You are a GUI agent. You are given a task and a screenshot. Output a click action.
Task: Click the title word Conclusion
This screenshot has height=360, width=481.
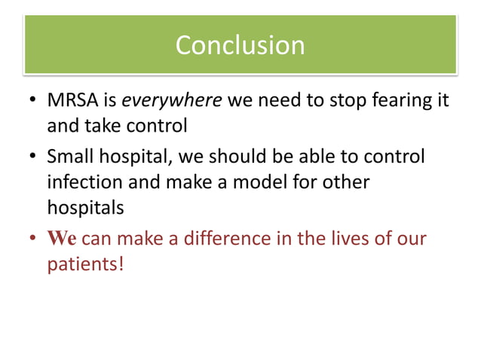click(x=240, y=45)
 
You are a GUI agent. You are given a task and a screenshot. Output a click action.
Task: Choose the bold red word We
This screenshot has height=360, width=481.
click(x=61, y=239)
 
